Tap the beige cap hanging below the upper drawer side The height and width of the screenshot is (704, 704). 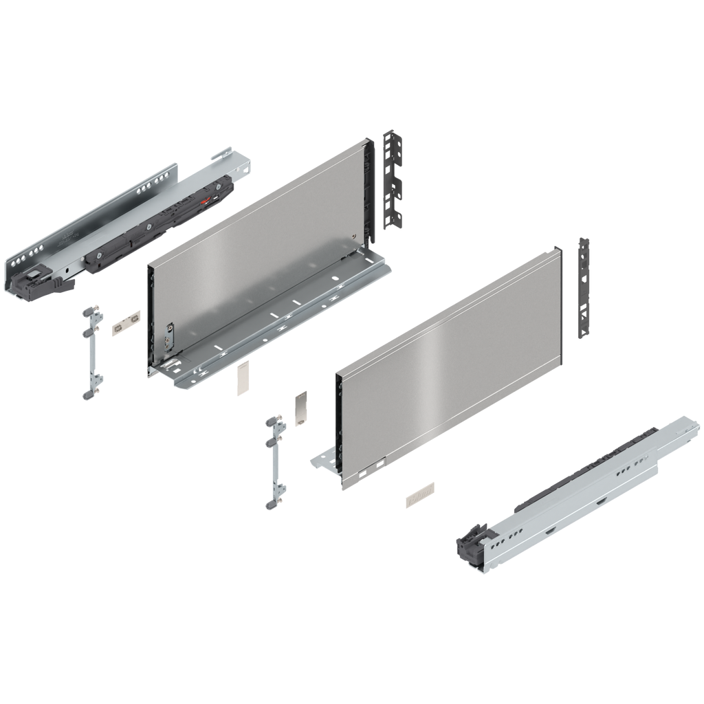tap(242, 379)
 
